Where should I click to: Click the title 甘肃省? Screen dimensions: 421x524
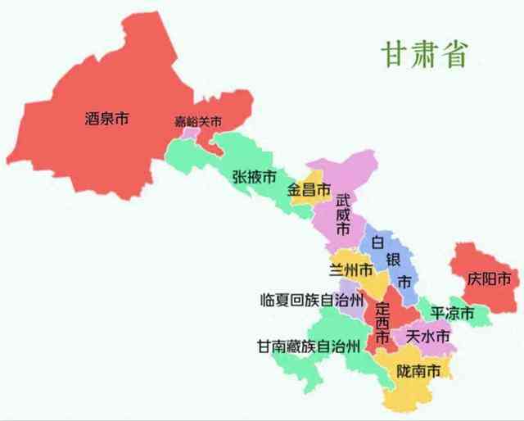tap(424, 53)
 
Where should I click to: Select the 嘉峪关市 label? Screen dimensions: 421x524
tap(198, 122)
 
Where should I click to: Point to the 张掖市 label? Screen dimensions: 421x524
tap(254, 176)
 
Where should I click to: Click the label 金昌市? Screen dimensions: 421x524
tap(309, 190)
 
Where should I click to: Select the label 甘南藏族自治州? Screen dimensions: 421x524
tap(308, 346)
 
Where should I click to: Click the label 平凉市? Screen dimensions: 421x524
tap(453, 314)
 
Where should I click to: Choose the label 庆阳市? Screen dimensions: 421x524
tap(489, 279)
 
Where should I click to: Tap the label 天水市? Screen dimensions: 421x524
tap(428, 337)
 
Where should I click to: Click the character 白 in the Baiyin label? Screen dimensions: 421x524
tap(377, 242)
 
